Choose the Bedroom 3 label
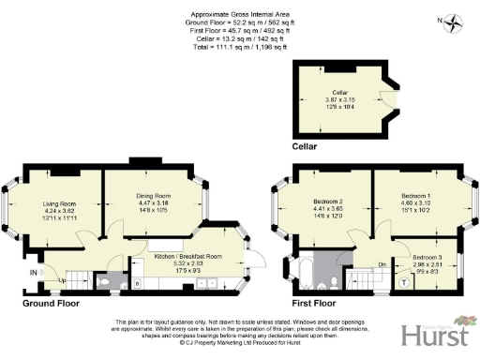tap(427, 256)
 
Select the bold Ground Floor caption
tap(51, 304)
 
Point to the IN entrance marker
tap(35, 273)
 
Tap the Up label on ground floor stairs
tap(64, 279)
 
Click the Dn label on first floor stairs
tap(382, 265)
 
